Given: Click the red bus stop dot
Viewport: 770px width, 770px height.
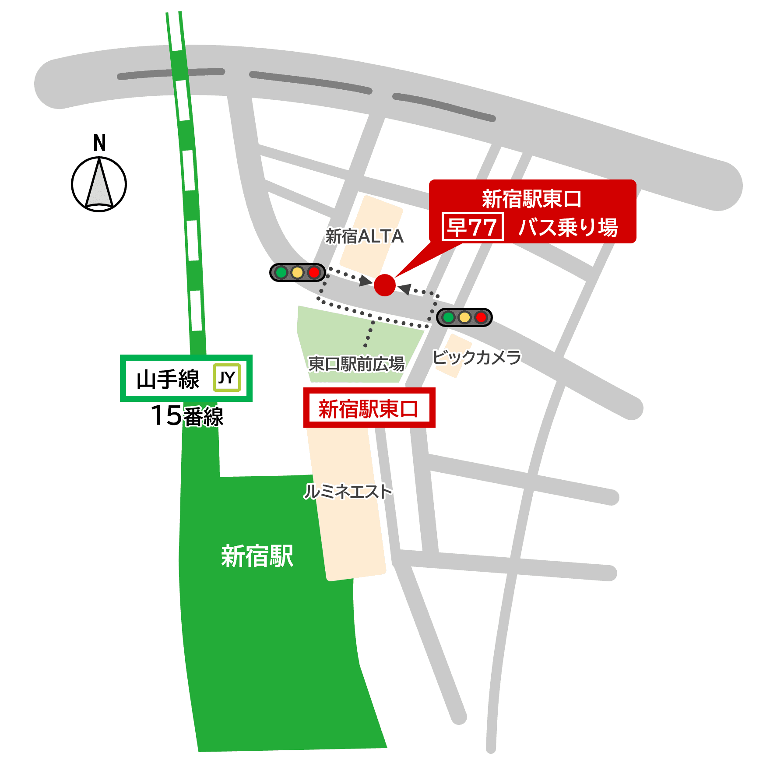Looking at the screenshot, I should point(384,285).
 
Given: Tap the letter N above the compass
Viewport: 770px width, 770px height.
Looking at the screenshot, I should point(99,143).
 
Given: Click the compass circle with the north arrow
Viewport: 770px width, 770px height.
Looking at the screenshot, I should point(99,184).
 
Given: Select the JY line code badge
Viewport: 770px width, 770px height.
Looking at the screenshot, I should point(227,377).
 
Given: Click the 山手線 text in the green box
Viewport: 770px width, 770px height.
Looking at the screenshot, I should point(168,379).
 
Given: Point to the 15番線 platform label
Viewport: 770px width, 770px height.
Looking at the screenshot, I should point(187,415).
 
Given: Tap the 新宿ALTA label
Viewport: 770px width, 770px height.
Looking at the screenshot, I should point(364,236).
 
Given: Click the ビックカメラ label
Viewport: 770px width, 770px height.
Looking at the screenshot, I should point(477,357).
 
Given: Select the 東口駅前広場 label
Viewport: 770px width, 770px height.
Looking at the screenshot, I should point(356,363).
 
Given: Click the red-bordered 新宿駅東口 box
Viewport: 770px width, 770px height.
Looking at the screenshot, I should point(369,408).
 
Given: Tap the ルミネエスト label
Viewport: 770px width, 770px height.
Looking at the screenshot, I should point(348,491).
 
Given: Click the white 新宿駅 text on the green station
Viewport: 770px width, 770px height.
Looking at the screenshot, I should point(257,556).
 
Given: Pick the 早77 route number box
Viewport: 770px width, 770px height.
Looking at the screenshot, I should point(472,227).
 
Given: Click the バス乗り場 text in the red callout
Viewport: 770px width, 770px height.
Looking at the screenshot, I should point(568,227).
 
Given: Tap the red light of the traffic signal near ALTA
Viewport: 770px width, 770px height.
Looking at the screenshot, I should point(314,272).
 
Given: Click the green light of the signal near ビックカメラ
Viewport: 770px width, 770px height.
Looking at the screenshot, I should point(448,317).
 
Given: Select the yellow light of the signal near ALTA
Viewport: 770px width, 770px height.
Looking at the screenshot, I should point(297,272).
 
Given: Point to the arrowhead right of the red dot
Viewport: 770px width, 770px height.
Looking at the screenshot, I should point(405,289).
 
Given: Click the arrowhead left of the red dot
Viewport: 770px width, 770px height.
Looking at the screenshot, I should point(366,281).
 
